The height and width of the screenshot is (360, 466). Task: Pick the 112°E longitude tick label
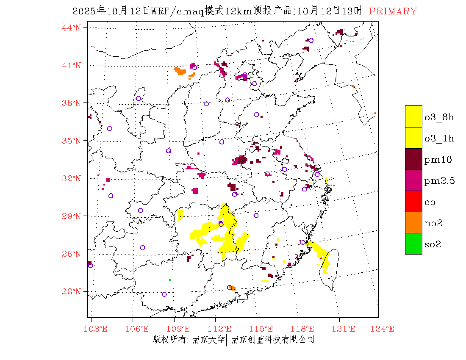pyautogui.click(x=222, y=329)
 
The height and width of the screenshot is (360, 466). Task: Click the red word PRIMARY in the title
pyautogui.click(x=393, y=11)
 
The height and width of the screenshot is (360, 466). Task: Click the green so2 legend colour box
pyautogui.click(x=413, y=244)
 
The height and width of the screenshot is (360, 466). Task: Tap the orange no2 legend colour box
pyautogui.click(x=413, y=222)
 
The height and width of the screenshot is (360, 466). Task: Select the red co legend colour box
pyautogui.click(x=413, y=201)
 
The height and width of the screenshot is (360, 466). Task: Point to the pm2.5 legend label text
pyautogui.click(x=439, y=181)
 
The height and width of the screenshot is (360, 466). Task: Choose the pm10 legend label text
pyautogui.click(x=438, y=160)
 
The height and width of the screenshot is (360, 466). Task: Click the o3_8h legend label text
pyautogui.click(x=439, y=117)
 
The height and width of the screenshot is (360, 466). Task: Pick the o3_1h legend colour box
pyautogui.click(x=413, y=138)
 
